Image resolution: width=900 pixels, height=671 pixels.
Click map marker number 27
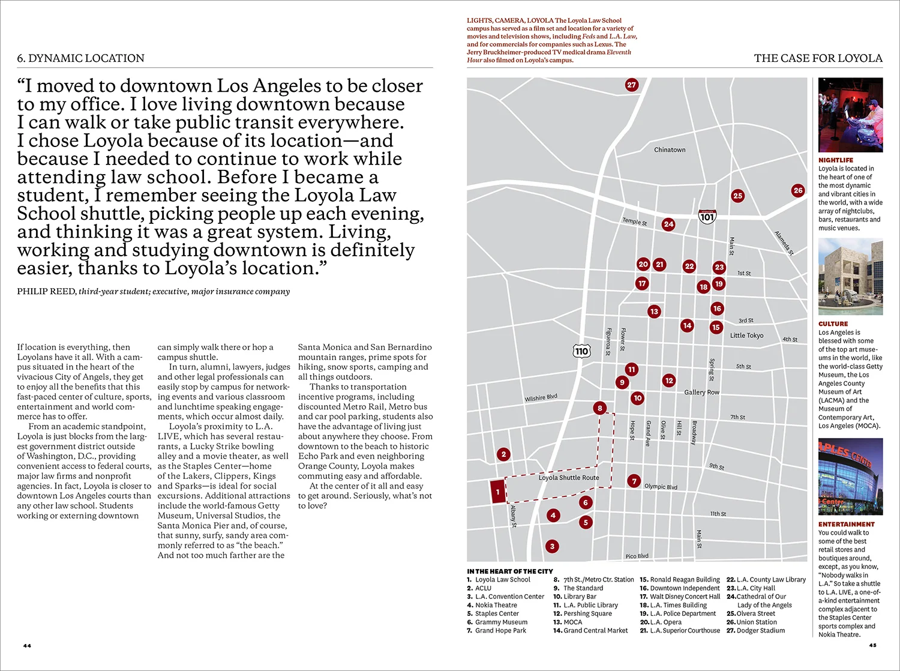pos(631,85)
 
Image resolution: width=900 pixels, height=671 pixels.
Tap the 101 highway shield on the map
pos(707,217)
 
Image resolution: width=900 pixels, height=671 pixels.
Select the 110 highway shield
pos(581,351)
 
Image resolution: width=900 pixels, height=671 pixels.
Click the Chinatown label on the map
pos(670,150)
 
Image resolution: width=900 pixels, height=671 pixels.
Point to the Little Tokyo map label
pos(746,335)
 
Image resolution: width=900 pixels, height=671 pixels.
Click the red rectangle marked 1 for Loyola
pos(497,492)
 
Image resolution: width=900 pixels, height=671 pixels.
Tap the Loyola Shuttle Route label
pos(568,478)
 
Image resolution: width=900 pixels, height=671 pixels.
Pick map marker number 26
pos(797,190)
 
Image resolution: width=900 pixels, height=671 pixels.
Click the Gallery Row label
pos(701,393)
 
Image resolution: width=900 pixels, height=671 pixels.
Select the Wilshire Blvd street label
pos(541,398)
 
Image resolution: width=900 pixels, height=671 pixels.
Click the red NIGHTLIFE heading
pos(835,160)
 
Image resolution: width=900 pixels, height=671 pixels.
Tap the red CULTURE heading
pos(833,324)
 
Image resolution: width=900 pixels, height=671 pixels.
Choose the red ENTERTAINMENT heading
pos(846,525)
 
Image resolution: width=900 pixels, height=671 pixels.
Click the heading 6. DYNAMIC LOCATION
pos(81,58)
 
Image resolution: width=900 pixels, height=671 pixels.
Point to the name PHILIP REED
pos(46,292)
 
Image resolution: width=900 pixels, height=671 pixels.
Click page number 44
pos(27,646)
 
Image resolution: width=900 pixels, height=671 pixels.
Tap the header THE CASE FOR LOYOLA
pos(818,58)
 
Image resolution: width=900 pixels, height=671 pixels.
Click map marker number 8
pos(599,408)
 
